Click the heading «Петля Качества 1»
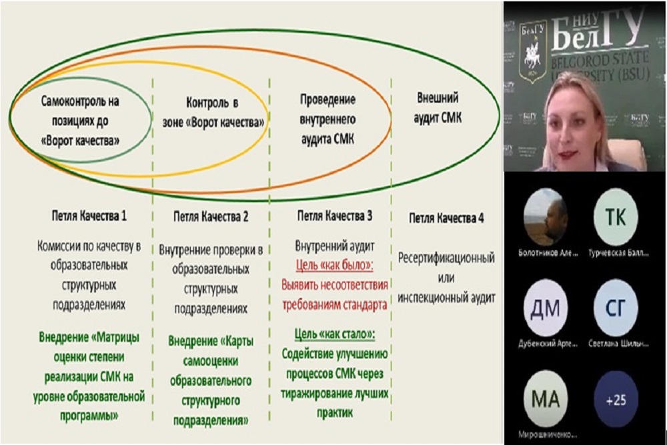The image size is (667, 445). [x=89, y=216]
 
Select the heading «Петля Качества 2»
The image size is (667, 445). [x=210, y=216]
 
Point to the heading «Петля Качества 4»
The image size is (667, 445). [x=446, y=218]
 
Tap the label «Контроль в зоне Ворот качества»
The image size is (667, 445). [x=213, y=113]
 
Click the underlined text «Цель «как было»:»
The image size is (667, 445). [x=333, y=266]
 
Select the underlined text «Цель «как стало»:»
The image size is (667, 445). [x=333, y=334]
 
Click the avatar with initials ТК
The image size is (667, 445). [x=615, y=218]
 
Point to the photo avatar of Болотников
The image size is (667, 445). [x=545, y=218]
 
